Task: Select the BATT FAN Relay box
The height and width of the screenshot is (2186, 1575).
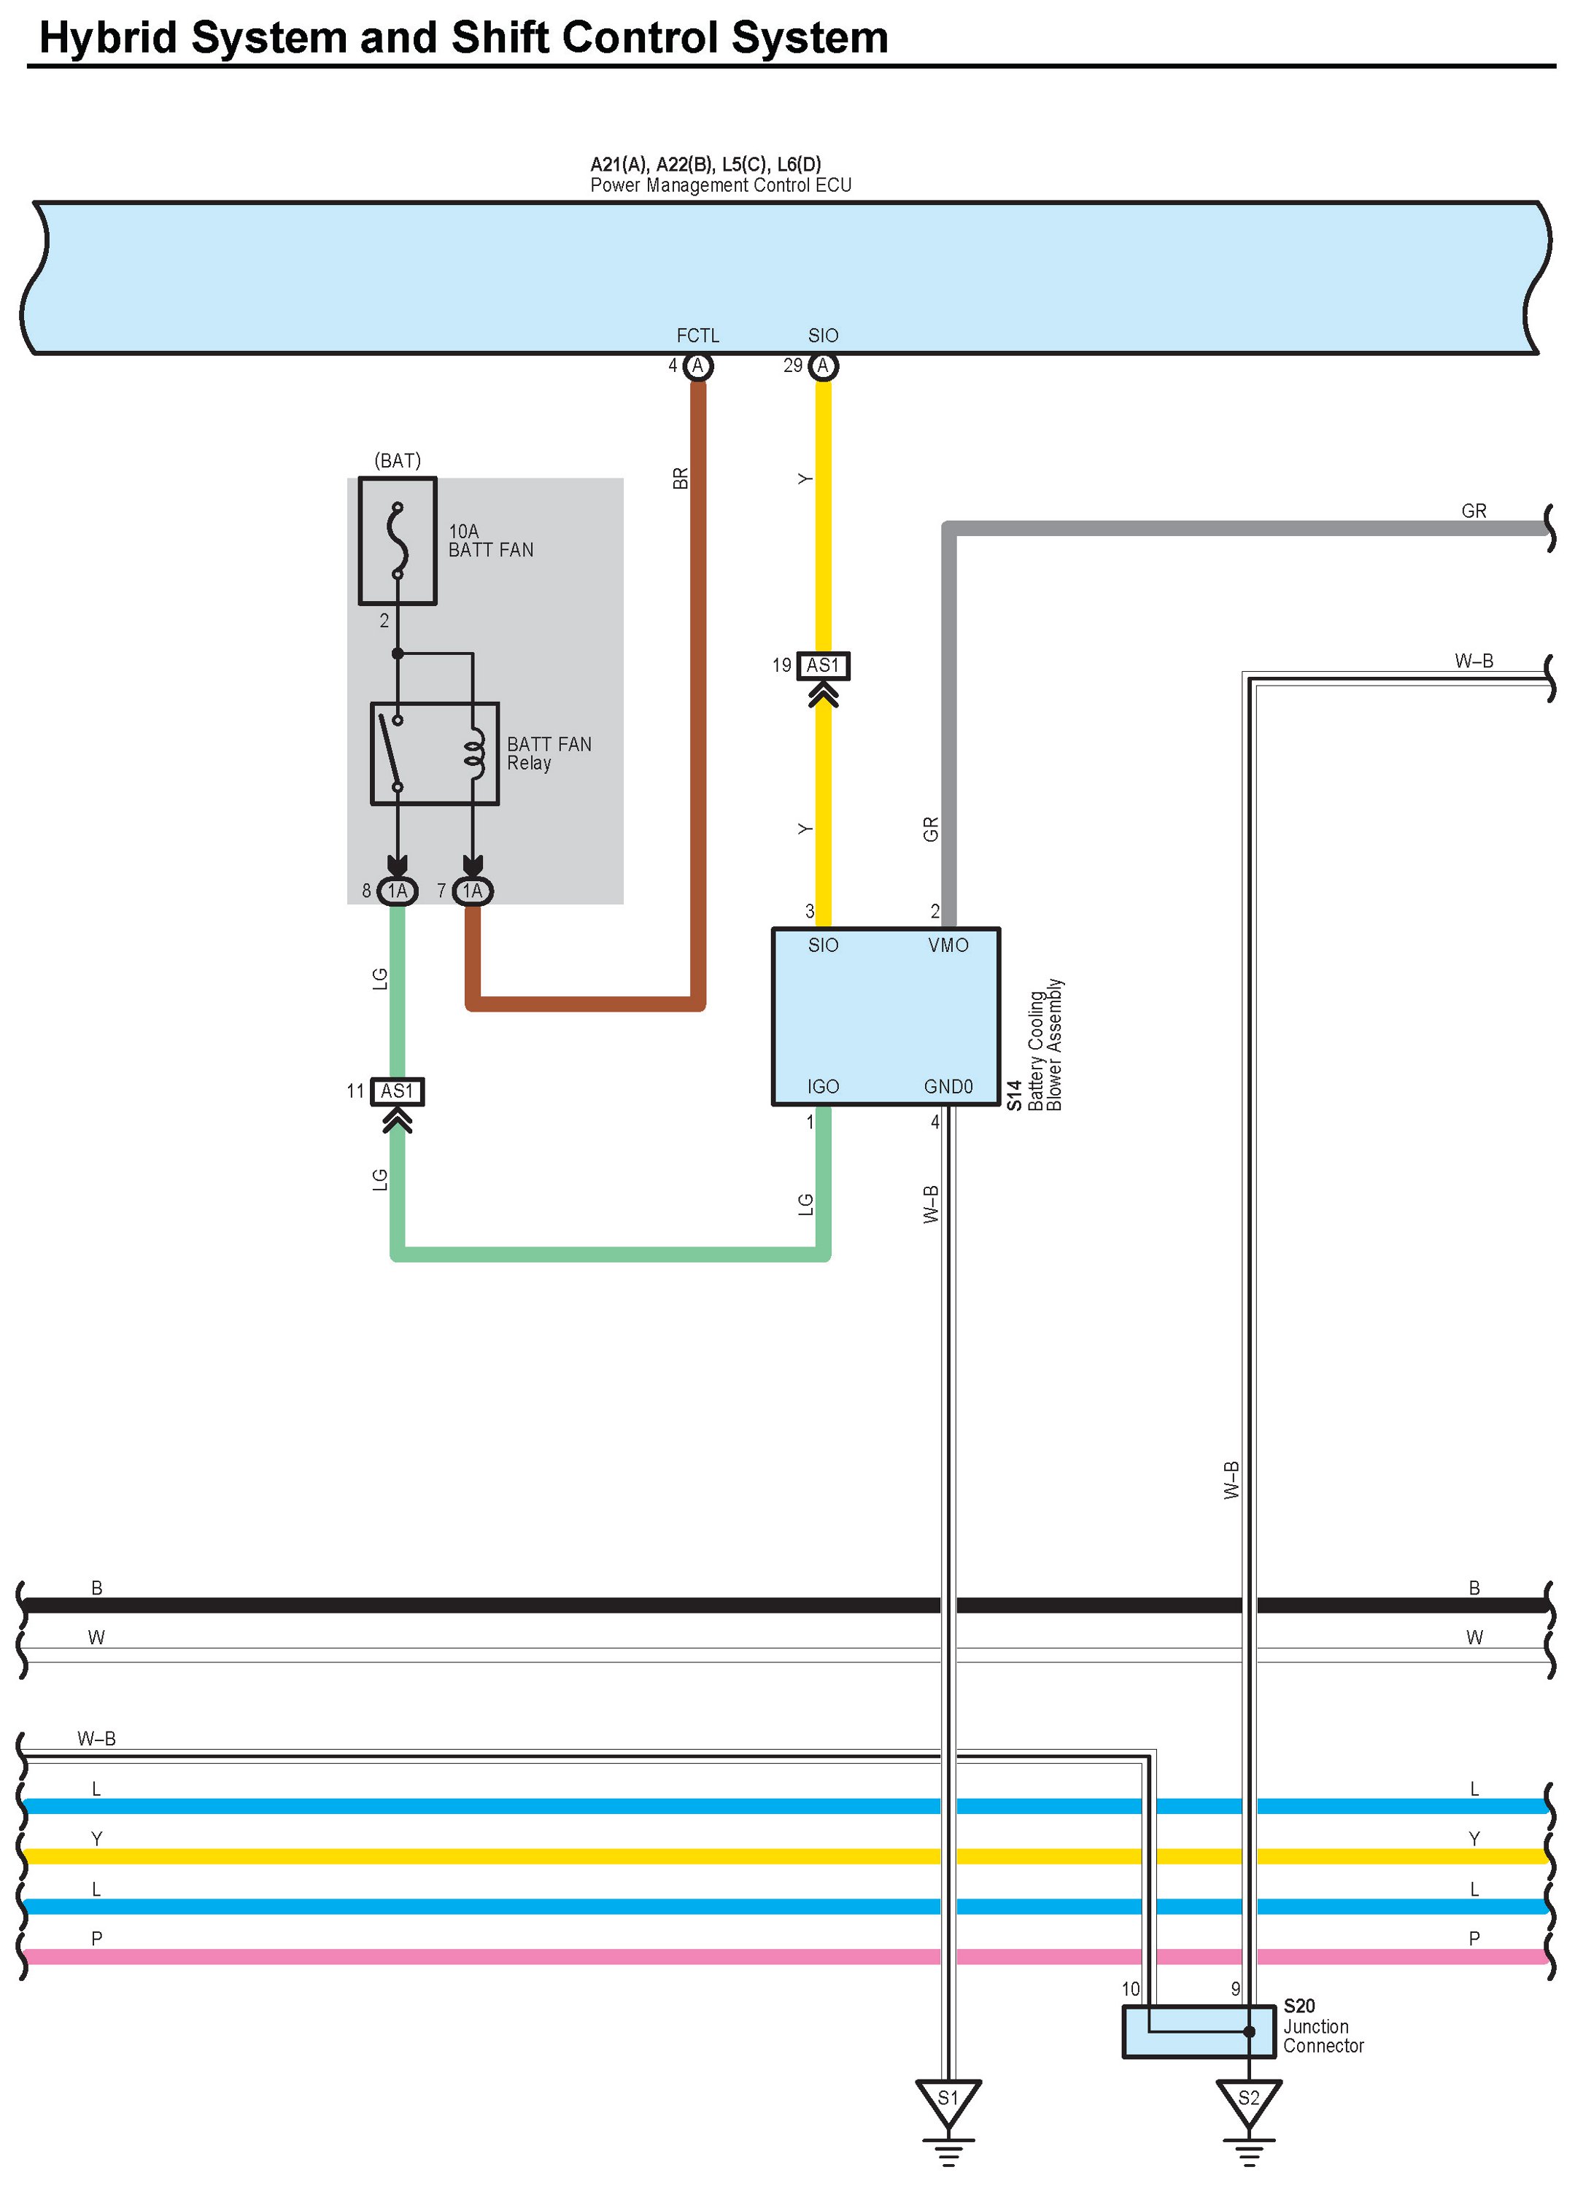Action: point(435,753)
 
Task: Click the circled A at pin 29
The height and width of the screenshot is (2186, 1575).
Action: point(822,366)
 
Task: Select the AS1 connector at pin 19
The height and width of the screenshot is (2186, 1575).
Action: point(823,665)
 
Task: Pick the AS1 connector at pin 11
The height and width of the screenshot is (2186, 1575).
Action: point(397,1091)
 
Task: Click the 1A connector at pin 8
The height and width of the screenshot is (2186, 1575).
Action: point(397,891)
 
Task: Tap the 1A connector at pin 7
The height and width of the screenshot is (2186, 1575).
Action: point(472,891)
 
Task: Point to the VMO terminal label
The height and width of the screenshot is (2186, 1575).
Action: point(948,945)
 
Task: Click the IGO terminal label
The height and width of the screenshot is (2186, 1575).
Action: point(822,1086)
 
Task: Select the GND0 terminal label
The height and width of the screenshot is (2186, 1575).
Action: point(948,1086)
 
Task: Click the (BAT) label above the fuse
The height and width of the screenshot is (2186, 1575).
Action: point(397,461)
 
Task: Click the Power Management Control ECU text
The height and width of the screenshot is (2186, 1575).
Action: point(720,185)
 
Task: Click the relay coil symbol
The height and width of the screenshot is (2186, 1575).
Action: point(473,753)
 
